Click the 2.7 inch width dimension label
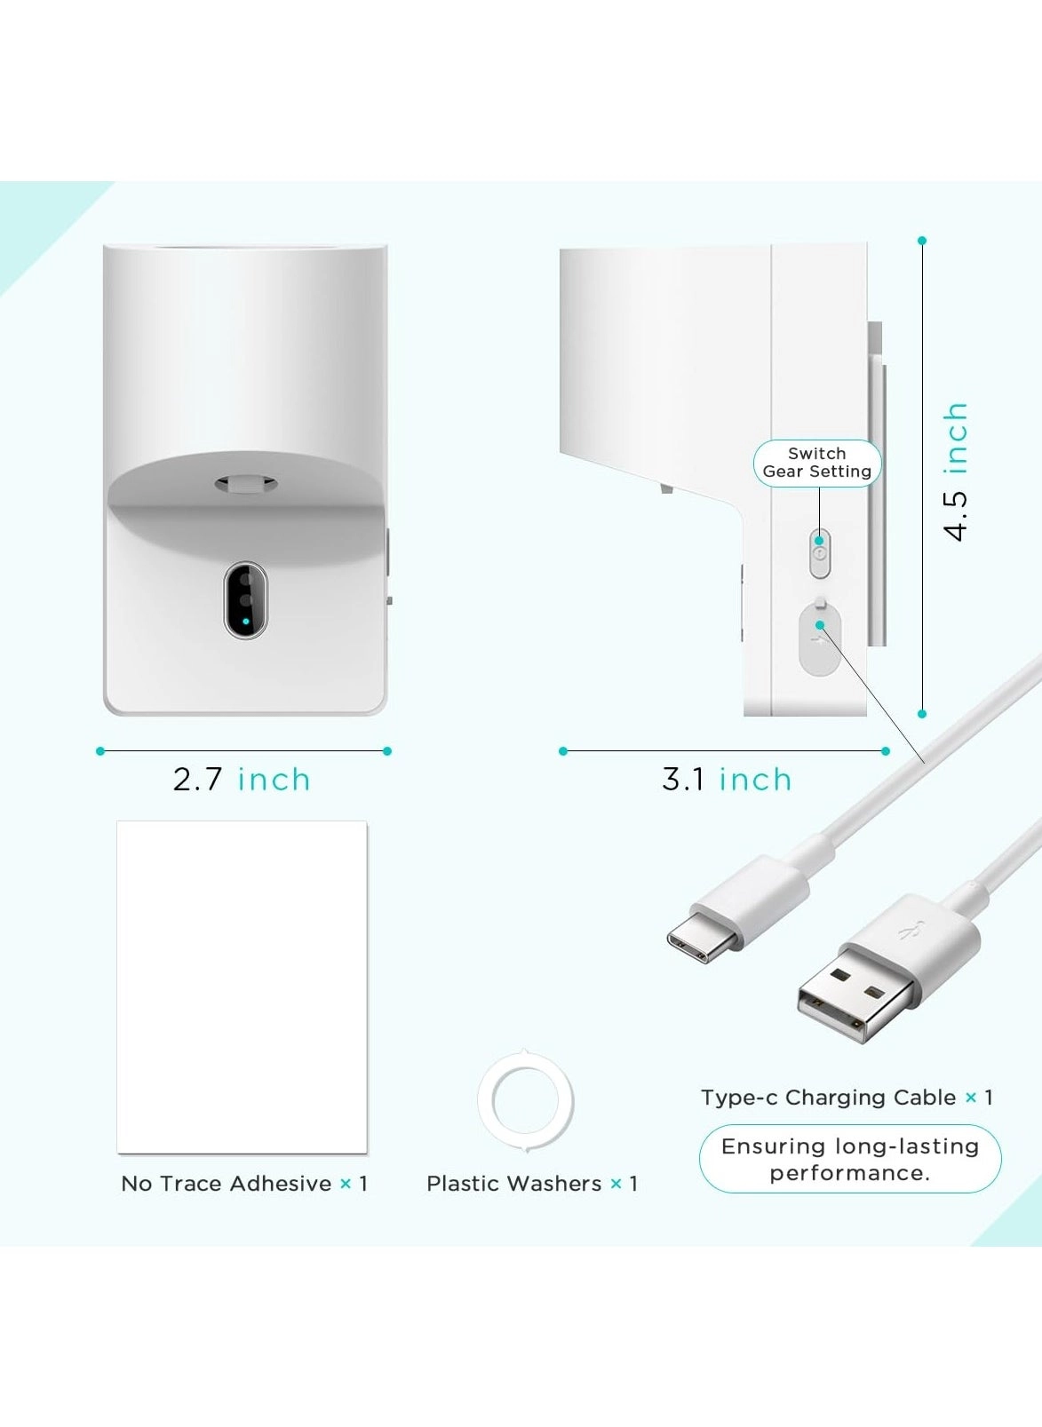pos(242,780)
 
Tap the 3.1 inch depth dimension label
pos(727,780)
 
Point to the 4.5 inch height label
pos(956,472)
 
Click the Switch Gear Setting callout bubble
pos(817,464)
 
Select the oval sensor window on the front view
pos(245,599)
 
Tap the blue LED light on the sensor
pos(245,621)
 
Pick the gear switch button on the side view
pos(820,552)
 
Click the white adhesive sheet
pos(243,987)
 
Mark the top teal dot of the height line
pos(921,241)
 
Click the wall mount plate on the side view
pos(876,484)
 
